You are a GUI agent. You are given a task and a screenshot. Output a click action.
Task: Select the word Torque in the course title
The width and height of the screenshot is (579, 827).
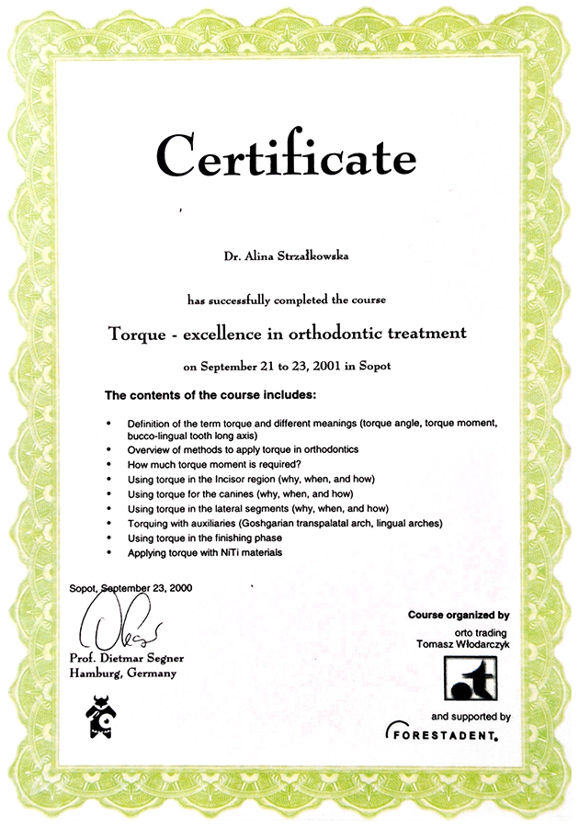tap(137, 333)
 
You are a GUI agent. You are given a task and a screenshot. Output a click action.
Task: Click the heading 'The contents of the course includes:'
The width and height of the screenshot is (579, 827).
tap(210, 395)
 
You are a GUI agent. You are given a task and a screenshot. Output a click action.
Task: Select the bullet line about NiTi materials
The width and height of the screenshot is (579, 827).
tap(206, 552)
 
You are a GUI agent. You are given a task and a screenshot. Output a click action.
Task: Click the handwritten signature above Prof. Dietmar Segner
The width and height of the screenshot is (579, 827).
tap(123, 629)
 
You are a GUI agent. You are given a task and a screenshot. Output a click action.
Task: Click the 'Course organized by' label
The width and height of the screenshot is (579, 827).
tap(458, 614)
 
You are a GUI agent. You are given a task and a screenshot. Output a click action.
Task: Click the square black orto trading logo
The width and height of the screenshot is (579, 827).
tap(472, 678)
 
